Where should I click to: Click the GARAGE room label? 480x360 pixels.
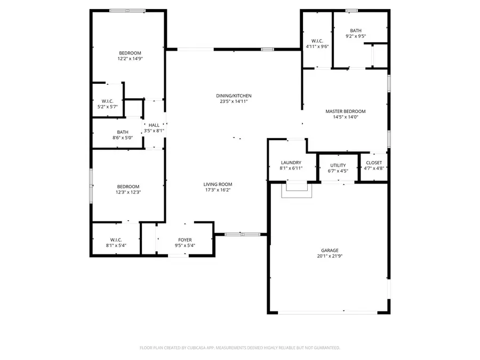click(x=329, y=250)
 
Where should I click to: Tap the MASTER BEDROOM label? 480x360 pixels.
click(x=345, y=111)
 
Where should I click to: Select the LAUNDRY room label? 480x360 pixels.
click(x=291, y=163)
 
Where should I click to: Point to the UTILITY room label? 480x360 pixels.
click(x=338, y=165)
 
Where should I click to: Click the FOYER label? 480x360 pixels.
click(x=185, y=240)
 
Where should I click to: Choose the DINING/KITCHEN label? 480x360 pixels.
click(x=233, y=95)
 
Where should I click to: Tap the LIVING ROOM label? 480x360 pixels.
click(x=217, y=184)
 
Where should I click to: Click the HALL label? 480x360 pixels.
click(x=154, y=125)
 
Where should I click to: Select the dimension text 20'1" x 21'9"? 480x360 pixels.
click(x=329, y=256)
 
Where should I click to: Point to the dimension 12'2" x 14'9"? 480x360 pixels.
click(x=130, y=59)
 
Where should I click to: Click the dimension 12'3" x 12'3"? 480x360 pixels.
click(x=128, y=192)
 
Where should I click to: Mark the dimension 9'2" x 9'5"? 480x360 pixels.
click(x=356, y=36)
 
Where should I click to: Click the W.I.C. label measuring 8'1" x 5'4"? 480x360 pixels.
click(x=116, y=240)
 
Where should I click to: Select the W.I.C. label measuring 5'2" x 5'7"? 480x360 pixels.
click(x=107, y=101)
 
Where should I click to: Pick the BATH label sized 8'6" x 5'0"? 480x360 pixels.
click(x=122, y=132)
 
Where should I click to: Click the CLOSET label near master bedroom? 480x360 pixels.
click(x=373, y=163)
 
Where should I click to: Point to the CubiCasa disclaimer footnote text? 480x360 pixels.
click(x=239, y=348)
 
